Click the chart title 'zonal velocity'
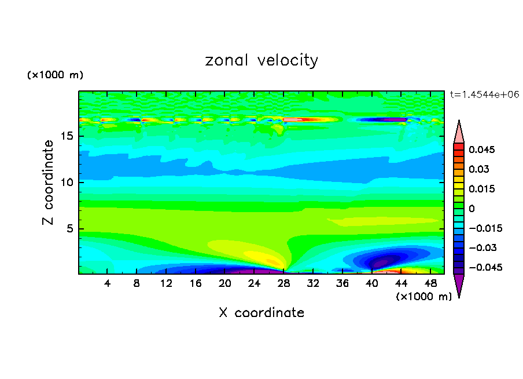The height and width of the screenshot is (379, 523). coord(261,60)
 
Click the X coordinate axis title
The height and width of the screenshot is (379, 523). coord(261,313)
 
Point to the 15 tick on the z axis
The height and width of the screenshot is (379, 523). coord(67,137)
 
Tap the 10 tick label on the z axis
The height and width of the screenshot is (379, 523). coord(67,183)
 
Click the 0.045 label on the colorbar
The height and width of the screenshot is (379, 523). coord(481,150)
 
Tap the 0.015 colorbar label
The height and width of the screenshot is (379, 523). coord(481,189)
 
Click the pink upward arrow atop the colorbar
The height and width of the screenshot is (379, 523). coord(459,132)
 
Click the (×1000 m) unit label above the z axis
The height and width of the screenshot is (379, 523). coord(55,75)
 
